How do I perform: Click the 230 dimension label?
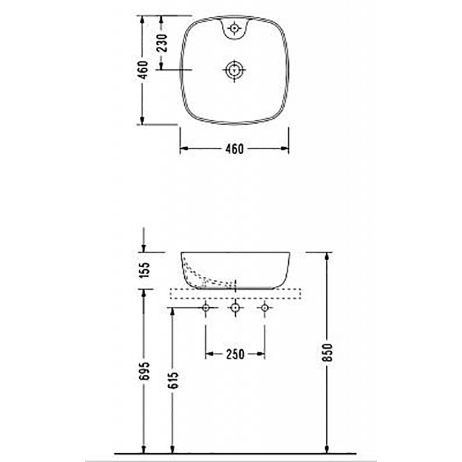162,43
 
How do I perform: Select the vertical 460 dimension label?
143,70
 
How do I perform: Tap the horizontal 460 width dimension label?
234,149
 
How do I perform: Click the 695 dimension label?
145,371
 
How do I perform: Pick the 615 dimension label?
174,380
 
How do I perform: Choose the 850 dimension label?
327,352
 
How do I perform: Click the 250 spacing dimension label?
235,354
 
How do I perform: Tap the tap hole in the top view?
234,28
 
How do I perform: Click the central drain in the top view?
234,70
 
